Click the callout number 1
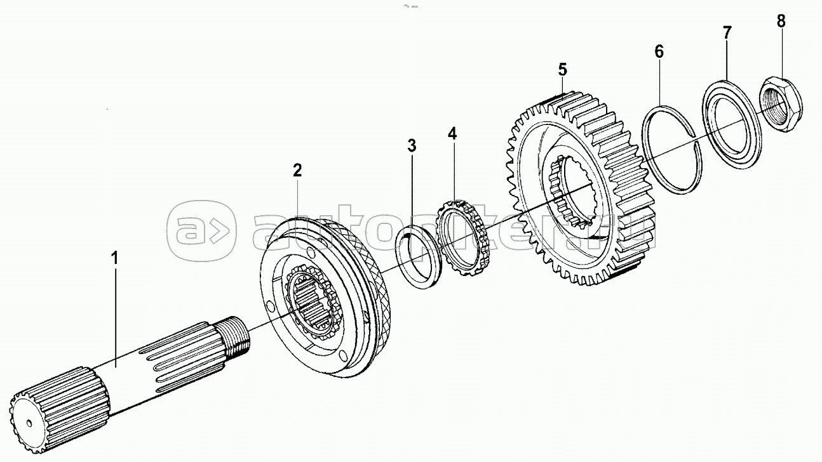tap(115, 258)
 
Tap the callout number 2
tap(297, 171)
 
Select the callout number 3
tap(412, 145)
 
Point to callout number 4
tap(452, 134)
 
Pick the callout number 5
tap(563, 69)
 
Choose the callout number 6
tap(659, 51)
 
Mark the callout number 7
tap(727, 32)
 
